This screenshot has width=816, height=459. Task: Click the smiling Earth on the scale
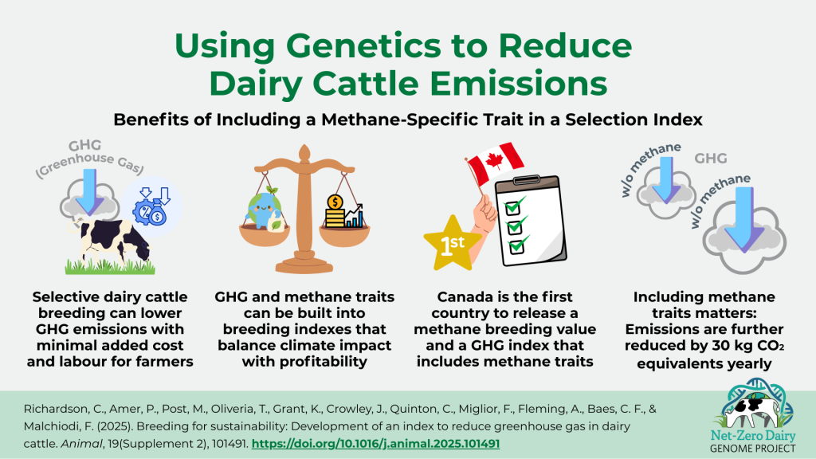tap(265, 208)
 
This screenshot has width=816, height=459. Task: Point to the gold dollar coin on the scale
tap(335, 202)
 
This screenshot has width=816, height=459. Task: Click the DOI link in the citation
tap(376, 443)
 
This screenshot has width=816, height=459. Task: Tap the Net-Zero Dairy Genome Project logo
tap(753, 416)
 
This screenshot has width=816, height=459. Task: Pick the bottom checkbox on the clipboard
tap(516, 245)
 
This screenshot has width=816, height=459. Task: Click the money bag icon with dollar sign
tap(158, 214)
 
